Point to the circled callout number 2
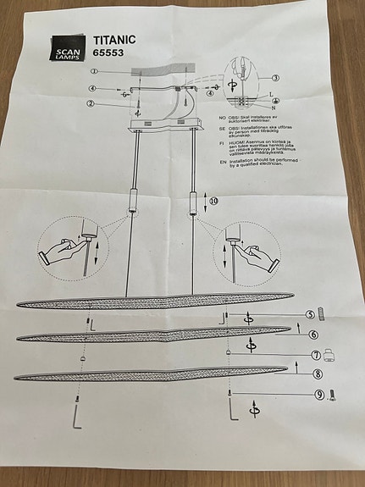pyautogui.click(x=90, y=103)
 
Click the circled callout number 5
pyautogui.click(x=311, y=315)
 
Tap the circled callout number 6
pyautogui.click(x=313, y=335)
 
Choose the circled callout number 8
pyautogui.click(x=318, y=374)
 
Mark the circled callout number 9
pyautogui.click(x=319, y=394)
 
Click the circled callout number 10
pyautogui.click(x=213, y=201)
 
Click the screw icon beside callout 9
pyautogui.click(x=333, y=394)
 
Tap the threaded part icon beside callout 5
pyautogui.click(x=331, y=316)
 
